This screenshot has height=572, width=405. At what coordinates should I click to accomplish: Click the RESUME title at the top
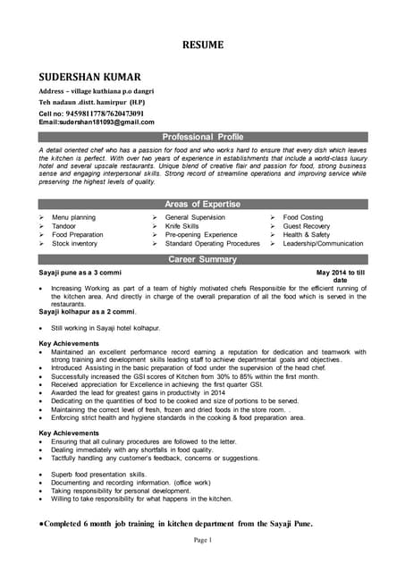coord(203,44)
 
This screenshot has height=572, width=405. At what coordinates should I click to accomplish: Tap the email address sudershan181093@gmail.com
coord(97,122)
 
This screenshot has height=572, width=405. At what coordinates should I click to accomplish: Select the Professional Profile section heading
coord(202,136)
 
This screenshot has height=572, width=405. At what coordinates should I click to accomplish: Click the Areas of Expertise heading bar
coord(202,204)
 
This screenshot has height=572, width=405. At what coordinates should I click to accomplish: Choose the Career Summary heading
coord(202,259)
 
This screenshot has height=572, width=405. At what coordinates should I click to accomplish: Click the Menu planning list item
coord(73,217)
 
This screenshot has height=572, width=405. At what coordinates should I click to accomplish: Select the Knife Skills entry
coord(182,226)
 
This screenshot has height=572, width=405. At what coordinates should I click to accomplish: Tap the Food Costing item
coord(303,217)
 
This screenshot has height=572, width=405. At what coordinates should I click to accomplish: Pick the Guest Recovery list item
coord(307,226)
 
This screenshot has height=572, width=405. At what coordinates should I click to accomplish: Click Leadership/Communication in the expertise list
coord(323,243)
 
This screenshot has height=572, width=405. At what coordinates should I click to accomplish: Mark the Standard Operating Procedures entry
coord(213,243)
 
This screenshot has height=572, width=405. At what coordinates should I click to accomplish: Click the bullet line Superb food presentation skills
coord(99,474)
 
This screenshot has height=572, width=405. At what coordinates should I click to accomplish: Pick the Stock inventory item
coord(74,243)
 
